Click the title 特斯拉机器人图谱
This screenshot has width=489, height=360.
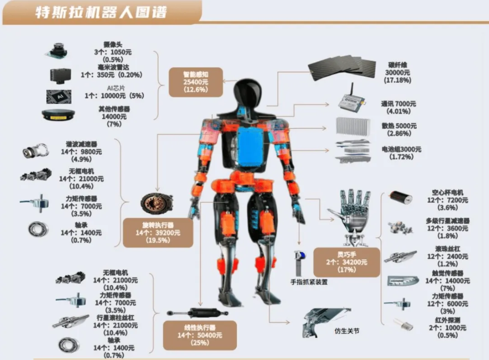click(99, 12)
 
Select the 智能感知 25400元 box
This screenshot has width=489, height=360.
click(195, 82)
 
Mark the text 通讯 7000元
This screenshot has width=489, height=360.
click(398, 104)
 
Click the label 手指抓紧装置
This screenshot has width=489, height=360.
click(309, 282)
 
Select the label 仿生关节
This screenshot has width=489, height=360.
click(347, 331)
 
